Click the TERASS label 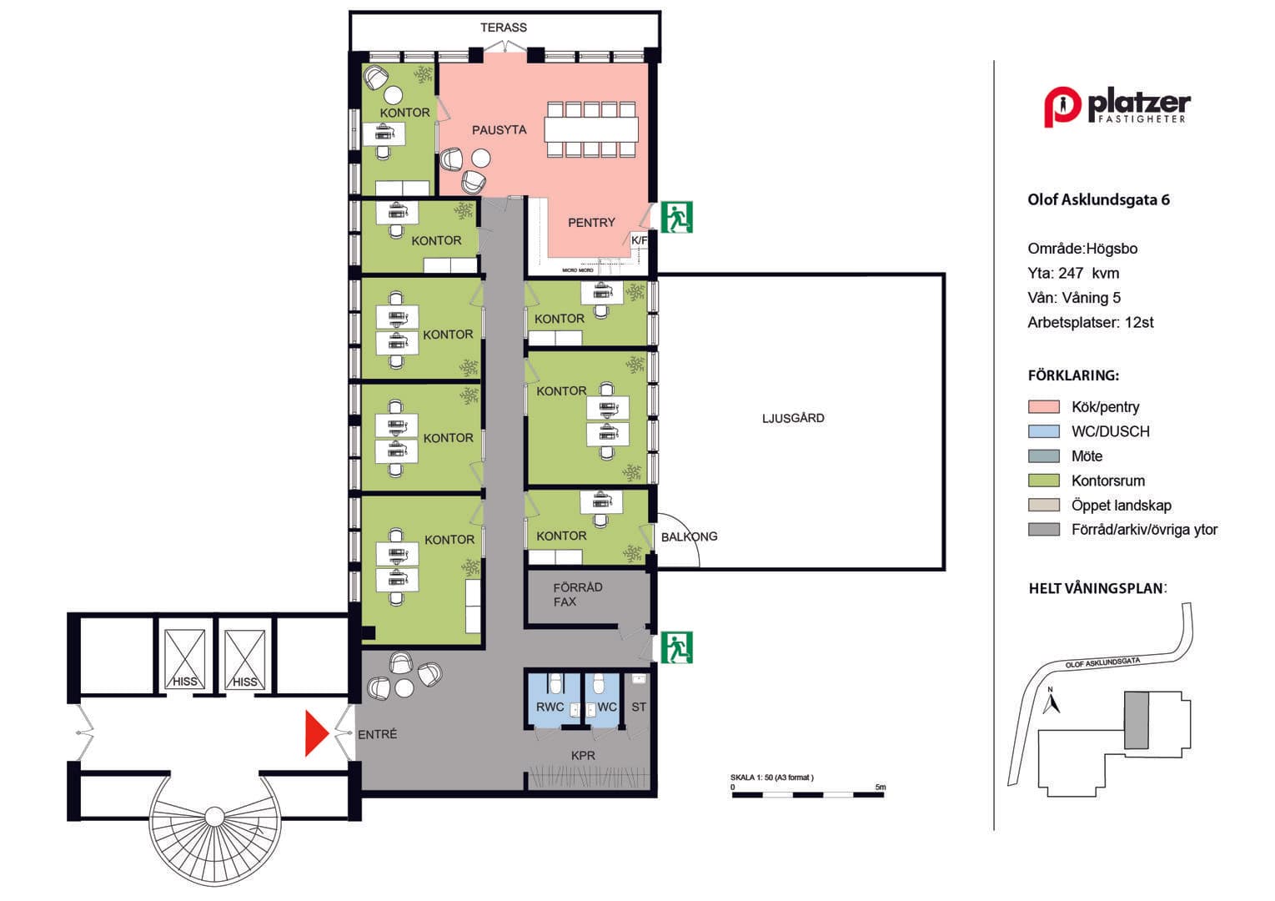[x=503, y=28]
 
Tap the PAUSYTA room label [x=499, y=130]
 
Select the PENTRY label [x=591, y=223]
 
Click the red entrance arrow [x=317, y=733]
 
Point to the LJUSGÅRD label [x=793, y=418]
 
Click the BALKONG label [x=689, y=536]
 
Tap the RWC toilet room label [x=550, y=707]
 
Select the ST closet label [x=639, y=707]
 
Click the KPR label [x=583, y=756]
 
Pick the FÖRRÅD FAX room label [x=577, y=594]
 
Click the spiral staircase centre [x=214, y=817]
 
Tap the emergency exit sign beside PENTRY [x=676, y=217]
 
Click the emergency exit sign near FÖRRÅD [x=676, y=647]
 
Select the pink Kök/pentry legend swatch [x=1043, y=406]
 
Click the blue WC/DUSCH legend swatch [x=1043, y=431]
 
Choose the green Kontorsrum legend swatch [x=1043, y=480]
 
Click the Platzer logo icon [x=1062, y=107]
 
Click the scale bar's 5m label [x=880, y=787]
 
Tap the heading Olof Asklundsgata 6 [x=1098, y=200]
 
